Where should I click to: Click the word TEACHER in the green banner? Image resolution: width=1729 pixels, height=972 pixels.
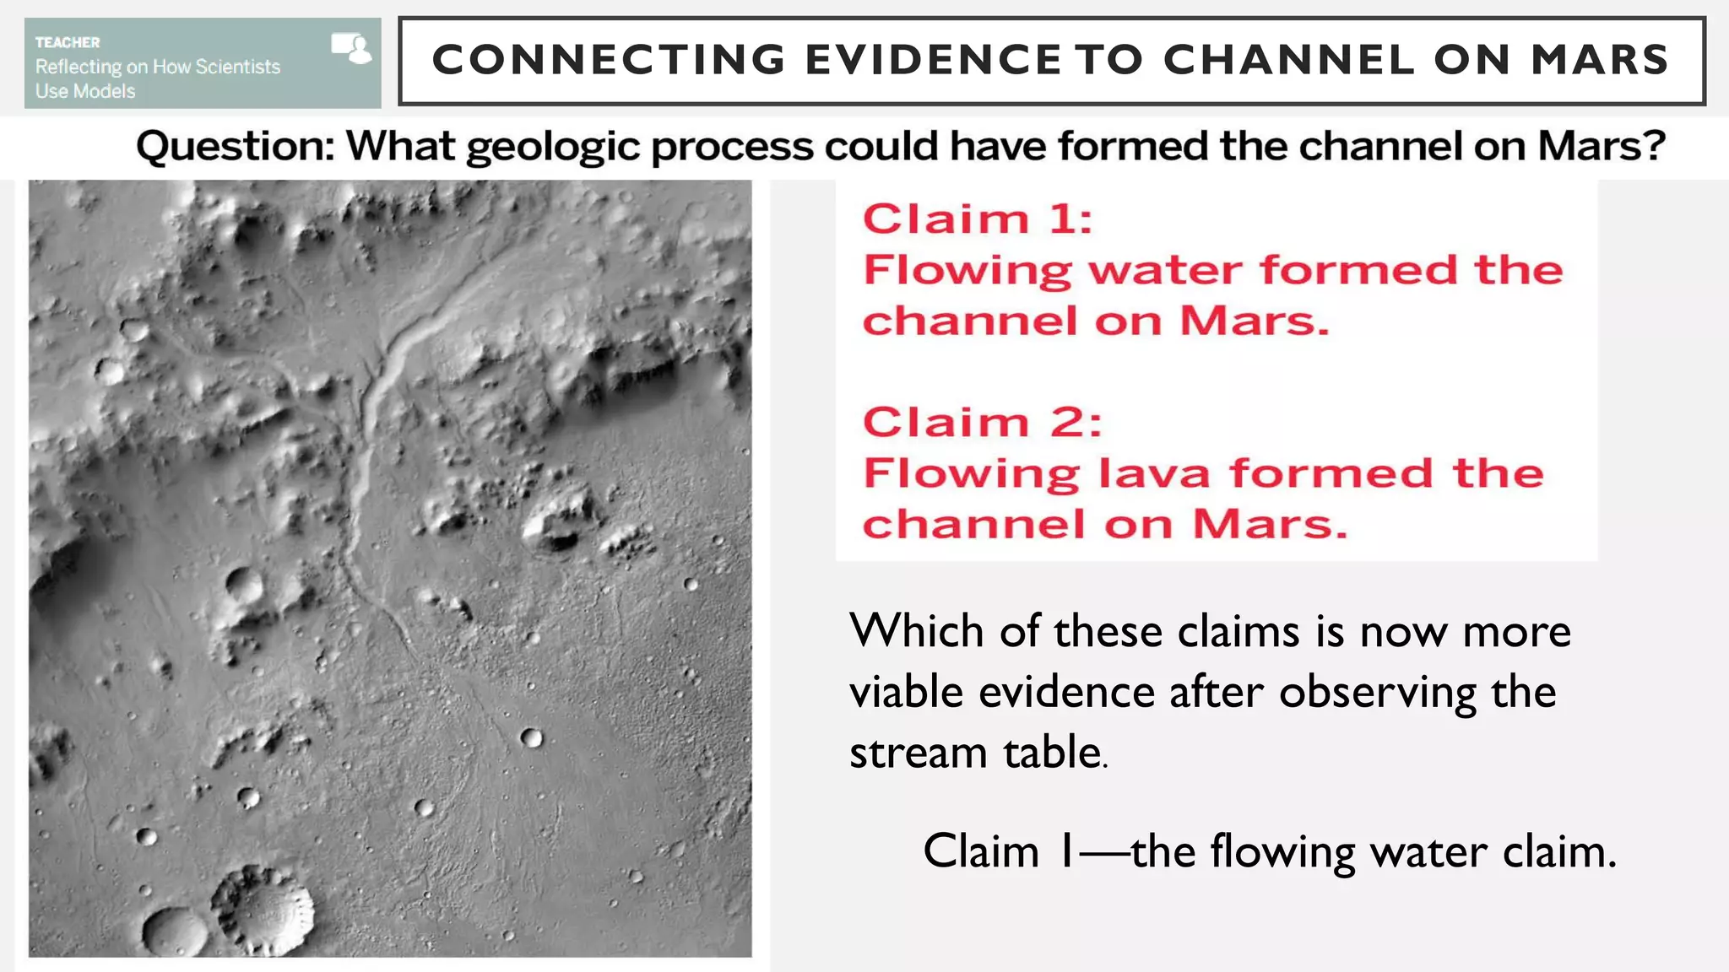[x=68, y=42]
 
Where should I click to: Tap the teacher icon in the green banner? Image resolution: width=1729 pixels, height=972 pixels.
[x=351, y=48]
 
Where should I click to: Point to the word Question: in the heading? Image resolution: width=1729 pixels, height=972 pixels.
[x=236, y=146]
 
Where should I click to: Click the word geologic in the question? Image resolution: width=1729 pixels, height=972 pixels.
[x=554, y=148]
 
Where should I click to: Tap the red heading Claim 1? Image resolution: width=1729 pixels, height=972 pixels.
[x=978, y=219]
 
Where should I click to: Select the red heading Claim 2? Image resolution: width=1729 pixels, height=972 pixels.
[x=983, y=422]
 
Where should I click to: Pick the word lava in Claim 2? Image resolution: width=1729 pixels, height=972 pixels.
[x=1155, y=473]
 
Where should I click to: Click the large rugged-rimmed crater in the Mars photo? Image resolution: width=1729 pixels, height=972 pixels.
[x=262, y=910]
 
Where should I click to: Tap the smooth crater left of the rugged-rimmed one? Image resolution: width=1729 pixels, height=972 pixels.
[x=175, y=931]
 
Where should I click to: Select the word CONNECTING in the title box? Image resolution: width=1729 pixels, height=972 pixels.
[x=609, y=60]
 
